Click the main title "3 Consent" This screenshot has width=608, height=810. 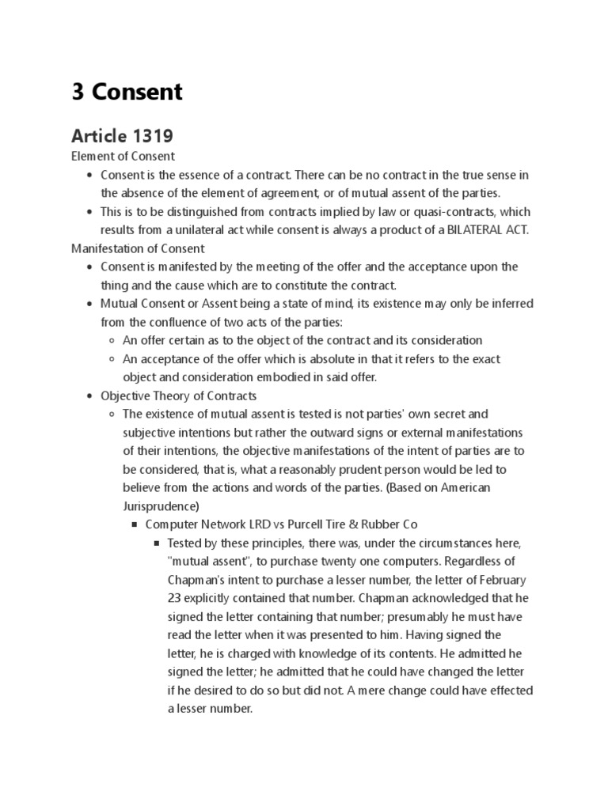click(x=127, y=92)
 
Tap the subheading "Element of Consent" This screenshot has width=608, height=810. click(x=123, y=156)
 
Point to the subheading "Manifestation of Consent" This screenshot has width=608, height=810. click(x=138, y=248)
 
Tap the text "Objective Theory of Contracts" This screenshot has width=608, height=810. click(x=178, y=396)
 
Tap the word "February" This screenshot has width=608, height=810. click(x=500, y=580)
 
